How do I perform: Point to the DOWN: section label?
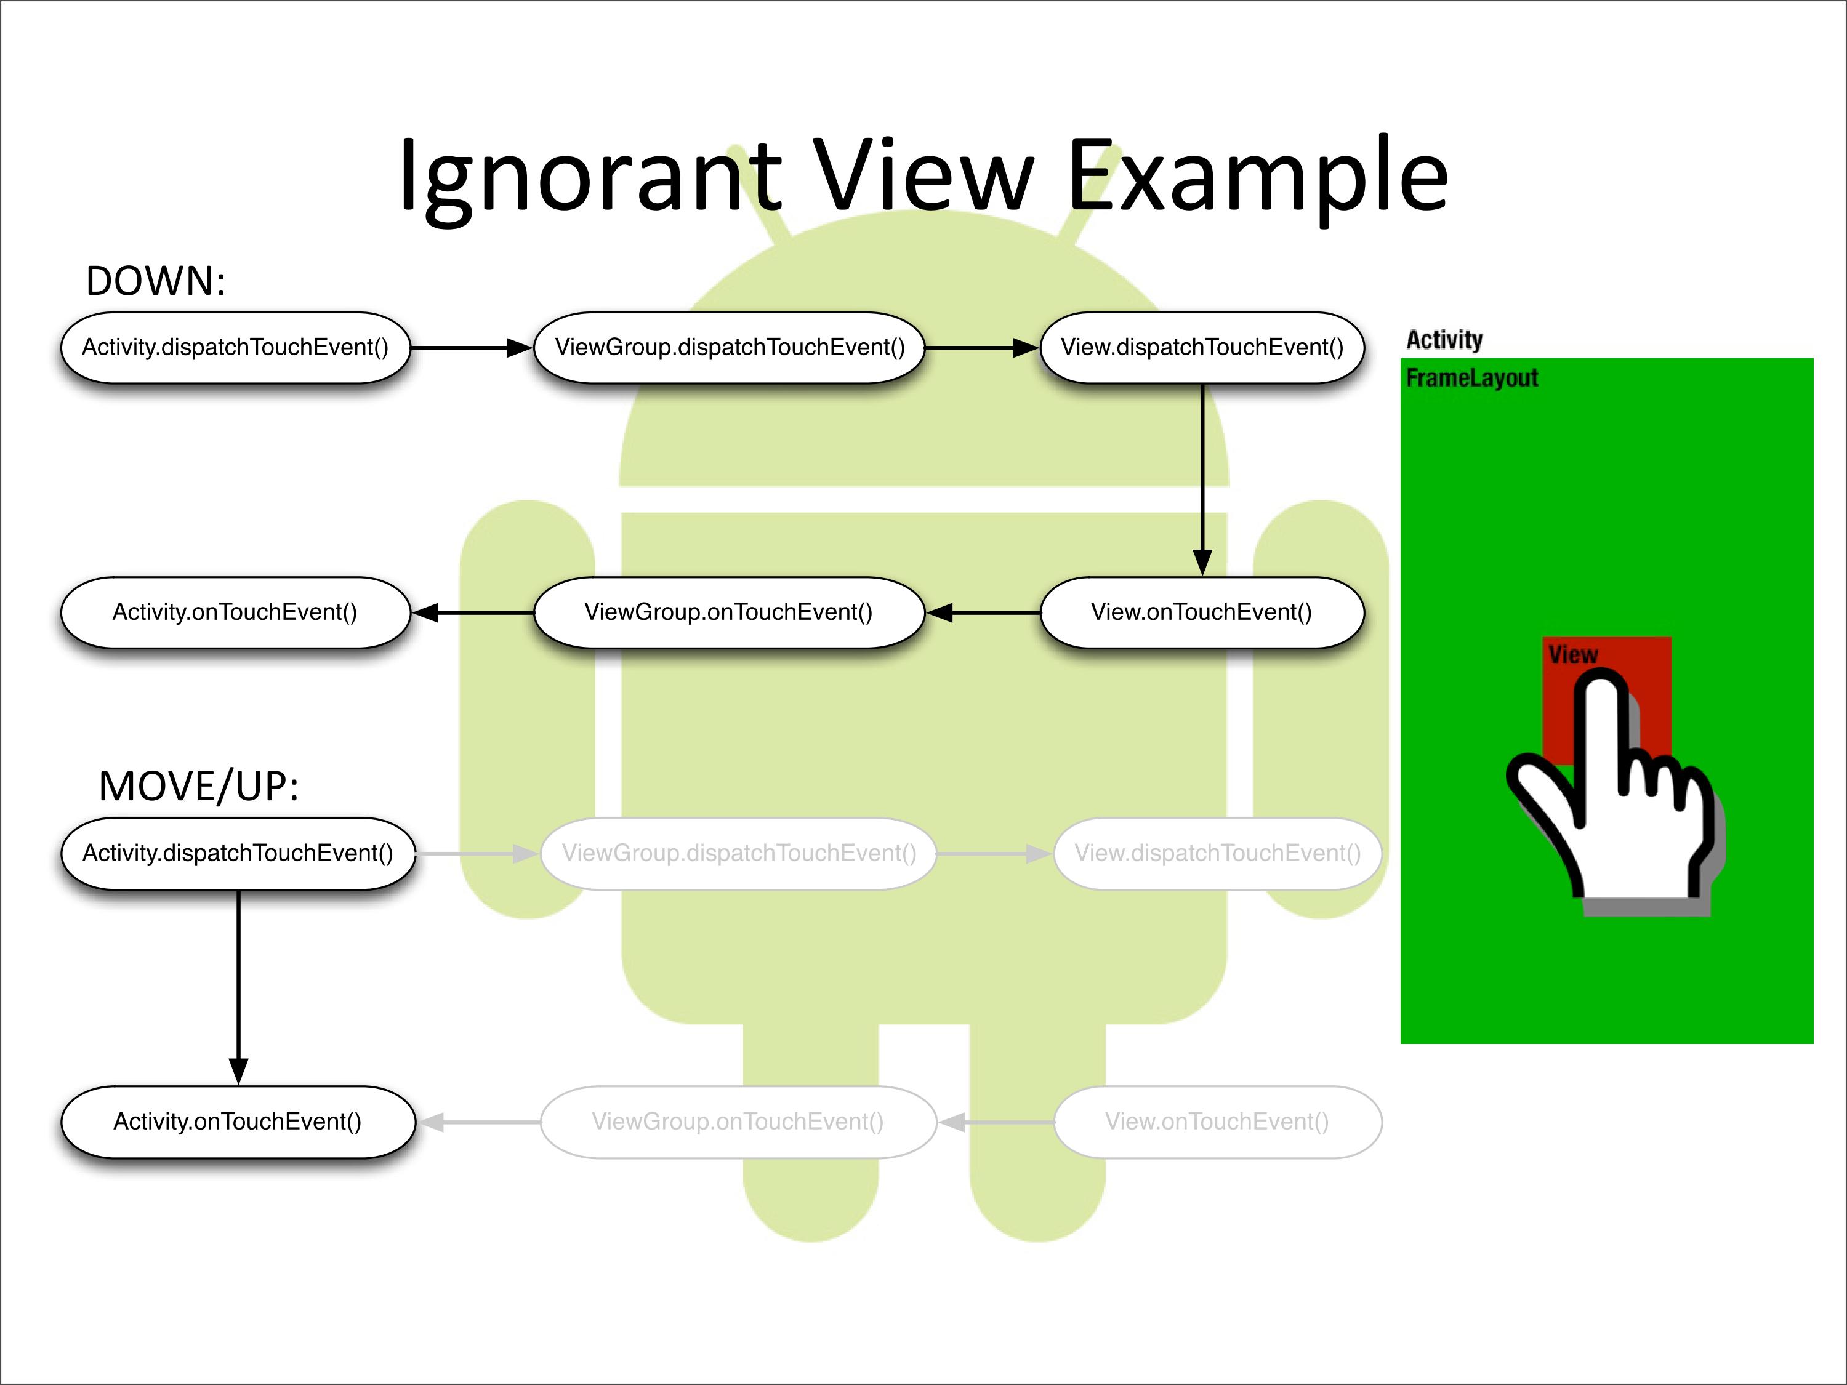point(155,281)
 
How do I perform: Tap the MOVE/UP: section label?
point(199,787)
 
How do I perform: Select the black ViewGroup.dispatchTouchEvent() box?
point(729,347)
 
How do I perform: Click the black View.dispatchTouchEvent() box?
point(1202,347)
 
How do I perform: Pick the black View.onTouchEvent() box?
point(1202,612)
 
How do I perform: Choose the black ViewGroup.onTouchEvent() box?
point(729,612)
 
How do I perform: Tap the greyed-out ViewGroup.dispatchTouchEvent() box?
point(738,853)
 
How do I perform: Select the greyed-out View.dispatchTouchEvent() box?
point(1217,853)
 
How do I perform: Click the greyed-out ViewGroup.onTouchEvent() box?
point(738,1121)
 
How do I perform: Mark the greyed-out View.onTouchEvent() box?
point(1217,1121)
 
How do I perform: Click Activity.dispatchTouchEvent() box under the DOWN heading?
point(235,347)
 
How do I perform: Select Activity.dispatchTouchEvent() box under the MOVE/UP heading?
point(238,853)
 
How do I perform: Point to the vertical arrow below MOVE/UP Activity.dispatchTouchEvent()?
point(239,985)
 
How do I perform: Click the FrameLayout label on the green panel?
point(1471,378)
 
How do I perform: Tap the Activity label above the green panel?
point(1444,340)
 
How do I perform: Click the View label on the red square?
point(1572,654)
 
